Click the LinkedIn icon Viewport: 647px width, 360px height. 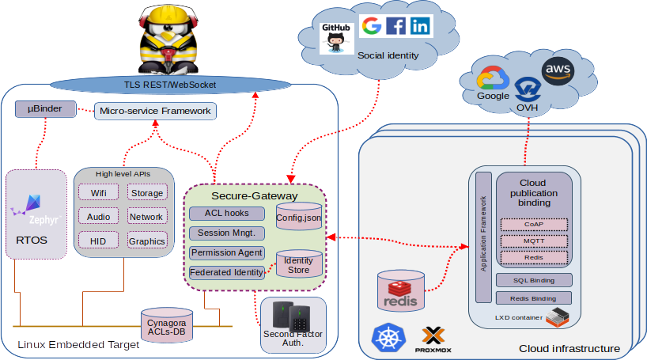[419, 26]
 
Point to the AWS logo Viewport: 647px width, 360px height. [558, 71]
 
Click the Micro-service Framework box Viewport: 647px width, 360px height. [155, 111]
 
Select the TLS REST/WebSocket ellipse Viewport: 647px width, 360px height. [169, 84]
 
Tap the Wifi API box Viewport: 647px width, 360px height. [99, 192]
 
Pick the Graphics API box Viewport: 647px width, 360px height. [146, 241]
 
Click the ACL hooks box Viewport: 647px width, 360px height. [225, 214]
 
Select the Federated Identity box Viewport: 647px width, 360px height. [226, 273]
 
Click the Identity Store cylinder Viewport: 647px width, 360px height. [298, 266]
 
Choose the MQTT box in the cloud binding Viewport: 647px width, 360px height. [534, 241]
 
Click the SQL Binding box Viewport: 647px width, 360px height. [534, 280]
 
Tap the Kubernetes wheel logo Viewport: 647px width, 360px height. [387, 338]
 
